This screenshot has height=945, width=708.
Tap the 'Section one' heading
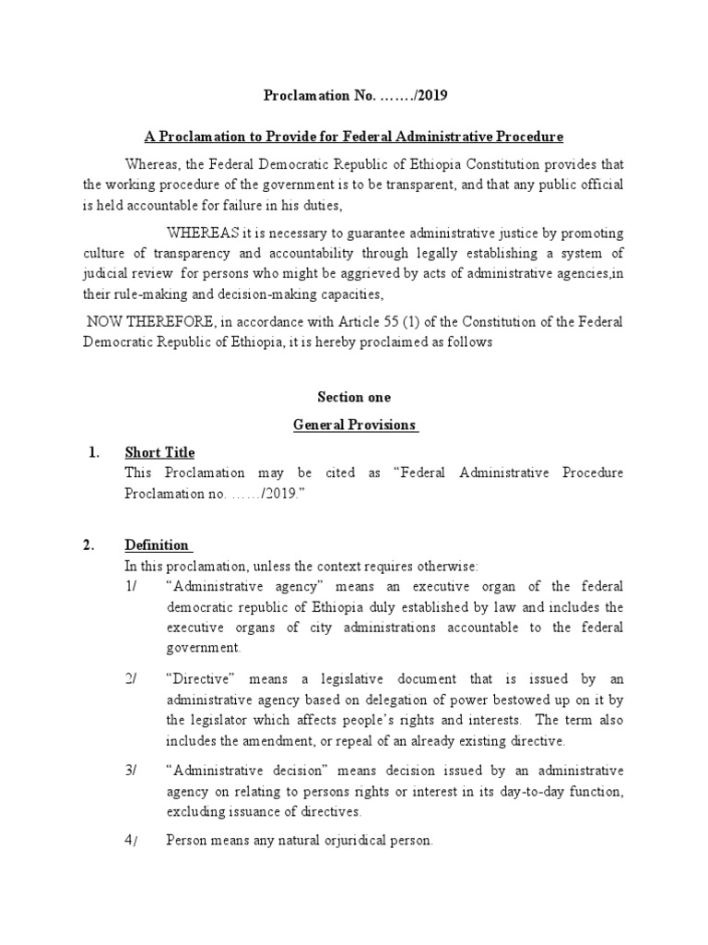pos(354,398)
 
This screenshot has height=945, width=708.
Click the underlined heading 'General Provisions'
pos(355,425)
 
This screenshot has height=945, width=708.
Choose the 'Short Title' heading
pos(159,452)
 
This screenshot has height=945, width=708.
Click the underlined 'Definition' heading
pos(157,544)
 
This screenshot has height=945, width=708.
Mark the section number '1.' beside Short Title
pos(93,452)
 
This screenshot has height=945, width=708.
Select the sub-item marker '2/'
pos(131,679)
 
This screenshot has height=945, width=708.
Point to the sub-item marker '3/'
pos(131,771)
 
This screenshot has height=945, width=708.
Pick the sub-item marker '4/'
pos(131,841)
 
